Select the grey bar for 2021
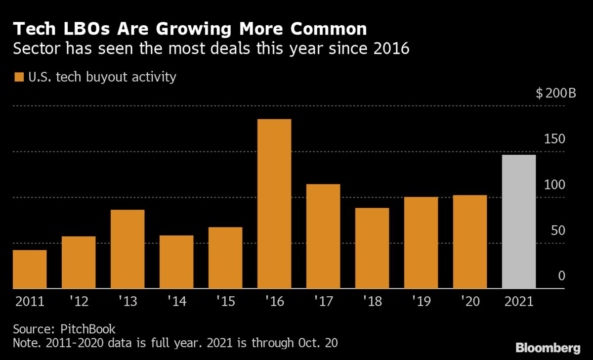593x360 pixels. [x=519, y=222]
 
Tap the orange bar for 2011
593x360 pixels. [x=30, y=269]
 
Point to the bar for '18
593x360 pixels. [x=372, y=248]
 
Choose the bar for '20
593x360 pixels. [x=470, y=242]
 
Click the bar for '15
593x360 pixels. [x=225, y=258]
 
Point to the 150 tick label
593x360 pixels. [x=555, y=139]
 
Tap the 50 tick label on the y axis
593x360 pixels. [x=558, y=230]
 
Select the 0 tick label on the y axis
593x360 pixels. [x=561, y=276]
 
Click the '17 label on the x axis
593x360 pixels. [x=323, y=301]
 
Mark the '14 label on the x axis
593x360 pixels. [x=176, y=301]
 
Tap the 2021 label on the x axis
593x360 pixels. [x=519, y=301]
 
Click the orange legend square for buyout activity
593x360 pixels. [x=19, y=78]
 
